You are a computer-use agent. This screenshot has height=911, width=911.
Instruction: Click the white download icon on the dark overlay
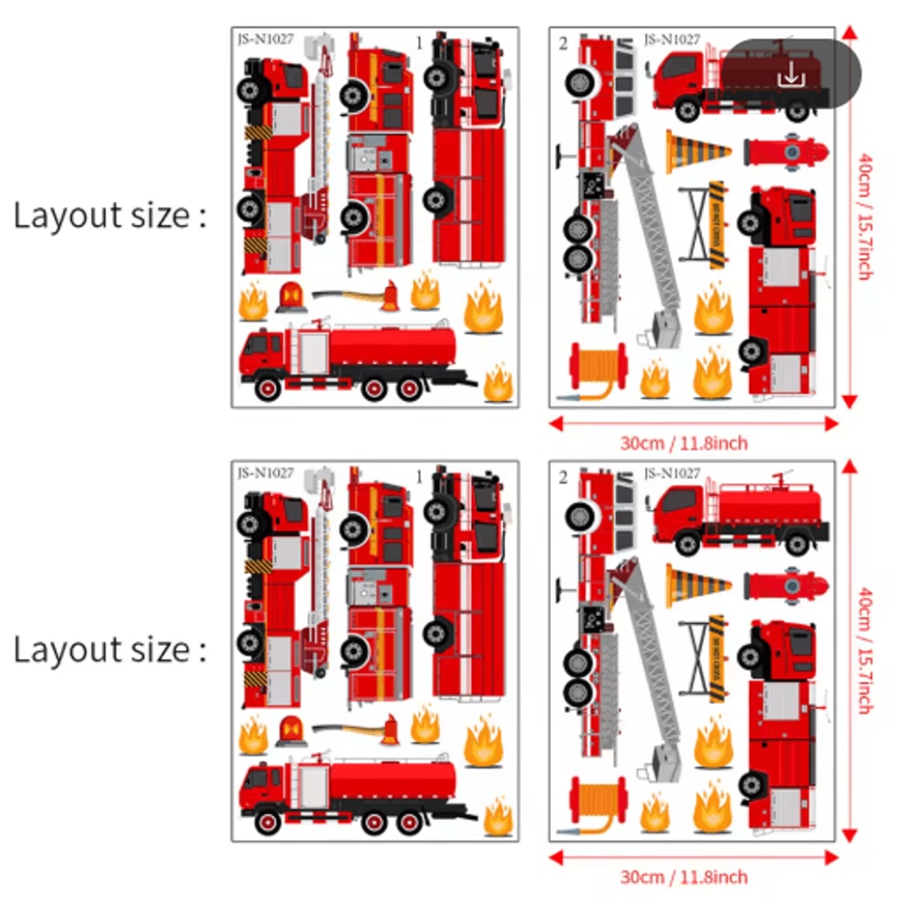tap(792, 75)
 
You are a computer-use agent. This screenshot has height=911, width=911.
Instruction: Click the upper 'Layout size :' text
tap(109, 217)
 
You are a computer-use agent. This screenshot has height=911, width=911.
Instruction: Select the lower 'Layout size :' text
tap(109, 650)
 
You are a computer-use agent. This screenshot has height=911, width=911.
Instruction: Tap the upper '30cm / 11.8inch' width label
tap(683, 444)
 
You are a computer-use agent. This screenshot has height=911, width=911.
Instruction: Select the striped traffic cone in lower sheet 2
tap(697, 585)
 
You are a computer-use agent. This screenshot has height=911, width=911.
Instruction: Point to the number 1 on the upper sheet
tap(419, 42)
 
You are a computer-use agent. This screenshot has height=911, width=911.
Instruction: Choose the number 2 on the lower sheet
tap(564, 476)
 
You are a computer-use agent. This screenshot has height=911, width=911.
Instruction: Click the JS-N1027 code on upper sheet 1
tap(265, 39)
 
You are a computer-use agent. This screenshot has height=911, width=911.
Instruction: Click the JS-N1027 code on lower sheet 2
tap(671, 474)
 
